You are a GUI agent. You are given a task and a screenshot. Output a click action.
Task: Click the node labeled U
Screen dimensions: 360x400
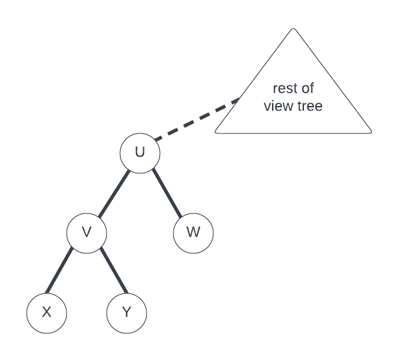[x=140, y=153]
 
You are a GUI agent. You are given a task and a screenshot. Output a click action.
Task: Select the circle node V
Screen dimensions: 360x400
[x=87, y=233]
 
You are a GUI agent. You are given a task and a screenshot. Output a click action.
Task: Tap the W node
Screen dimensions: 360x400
[x=193, y=233]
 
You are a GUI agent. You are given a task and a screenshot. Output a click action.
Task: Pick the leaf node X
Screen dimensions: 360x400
[x=47, y=312]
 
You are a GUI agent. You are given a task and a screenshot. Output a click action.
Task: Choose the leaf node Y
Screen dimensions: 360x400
[x=127, y=312]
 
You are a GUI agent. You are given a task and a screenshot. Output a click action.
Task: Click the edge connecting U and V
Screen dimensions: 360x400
[x=113, y=193]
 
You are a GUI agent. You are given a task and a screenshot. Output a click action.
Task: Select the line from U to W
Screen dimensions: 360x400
[x=167, y=193]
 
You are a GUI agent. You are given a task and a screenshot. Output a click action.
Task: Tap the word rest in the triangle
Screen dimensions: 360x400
[x=284, y=89]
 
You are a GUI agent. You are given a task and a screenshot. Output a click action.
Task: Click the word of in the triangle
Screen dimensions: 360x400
[x=307, y=89]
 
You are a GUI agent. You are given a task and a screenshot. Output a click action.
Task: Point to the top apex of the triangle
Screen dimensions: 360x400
[x=293, y=29]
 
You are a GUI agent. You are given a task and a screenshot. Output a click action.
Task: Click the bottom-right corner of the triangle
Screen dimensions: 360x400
[x=371, y=132]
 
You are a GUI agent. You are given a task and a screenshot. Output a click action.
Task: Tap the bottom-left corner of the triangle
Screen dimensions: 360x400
[x=216, y=132]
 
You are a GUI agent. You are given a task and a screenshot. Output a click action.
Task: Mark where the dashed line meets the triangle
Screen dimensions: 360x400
[x=239, y=100]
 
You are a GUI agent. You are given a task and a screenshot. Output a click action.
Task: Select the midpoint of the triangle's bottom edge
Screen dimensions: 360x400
[x=293, y=132]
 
